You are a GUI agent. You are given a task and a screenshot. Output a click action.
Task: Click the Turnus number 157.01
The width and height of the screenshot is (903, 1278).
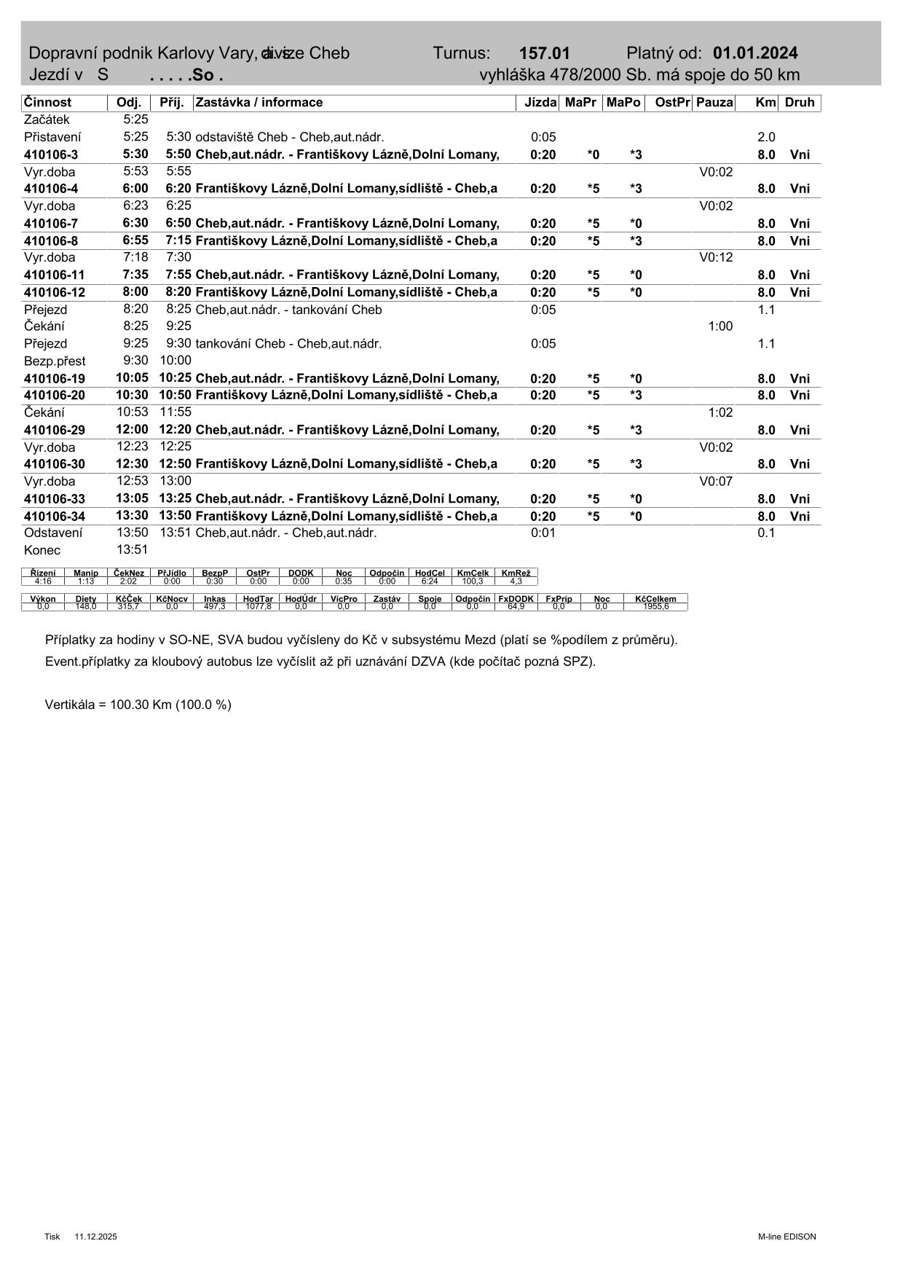point(544,53)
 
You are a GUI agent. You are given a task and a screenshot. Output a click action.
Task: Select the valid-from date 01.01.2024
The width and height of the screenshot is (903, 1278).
point(755,53)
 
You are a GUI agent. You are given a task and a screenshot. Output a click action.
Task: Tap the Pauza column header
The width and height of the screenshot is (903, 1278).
point(714,103)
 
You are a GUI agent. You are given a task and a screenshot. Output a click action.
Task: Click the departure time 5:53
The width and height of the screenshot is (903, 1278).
point(135,172)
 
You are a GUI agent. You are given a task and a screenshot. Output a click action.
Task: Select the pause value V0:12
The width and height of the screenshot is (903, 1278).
point(716,257)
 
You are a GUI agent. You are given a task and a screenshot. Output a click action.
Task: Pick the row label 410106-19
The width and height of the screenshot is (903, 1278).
point(55,379)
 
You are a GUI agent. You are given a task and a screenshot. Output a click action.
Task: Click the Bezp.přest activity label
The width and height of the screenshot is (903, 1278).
point(55,361)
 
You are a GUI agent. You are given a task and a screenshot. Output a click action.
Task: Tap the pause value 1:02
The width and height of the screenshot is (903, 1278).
point(720,412)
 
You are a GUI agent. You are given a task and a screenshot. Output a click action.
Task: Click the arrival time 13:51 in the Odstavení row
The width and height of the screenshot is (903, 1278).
point(176,533)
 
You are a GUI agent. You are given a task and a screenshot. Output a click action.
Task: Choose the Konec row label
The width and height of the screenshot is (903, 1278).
point(42,550)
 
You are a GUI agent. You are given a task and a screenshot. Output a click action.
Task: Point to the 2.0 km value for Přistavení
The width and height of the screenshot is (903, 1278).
point(766,137)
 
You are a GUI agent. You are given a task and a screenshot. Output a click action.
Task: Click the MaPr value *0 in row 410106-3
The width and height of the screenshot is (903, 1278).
point(594,154)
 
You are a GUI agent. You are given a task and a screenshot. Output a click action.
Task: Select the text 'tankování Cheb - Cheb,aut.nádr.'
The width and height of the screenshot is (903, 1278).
point(288,344)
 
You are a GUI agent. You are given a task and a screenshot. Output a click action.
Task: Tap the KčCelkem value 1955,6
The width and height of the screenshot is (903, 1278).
point(655,606)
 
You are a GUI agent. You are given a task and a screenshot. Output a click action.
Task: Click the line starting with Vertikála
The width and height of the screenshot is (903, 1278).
point(138,705)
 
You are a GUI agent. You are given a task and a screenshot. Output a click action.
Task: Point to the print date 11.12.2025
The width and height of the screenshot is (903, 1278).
point(95,1236)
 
